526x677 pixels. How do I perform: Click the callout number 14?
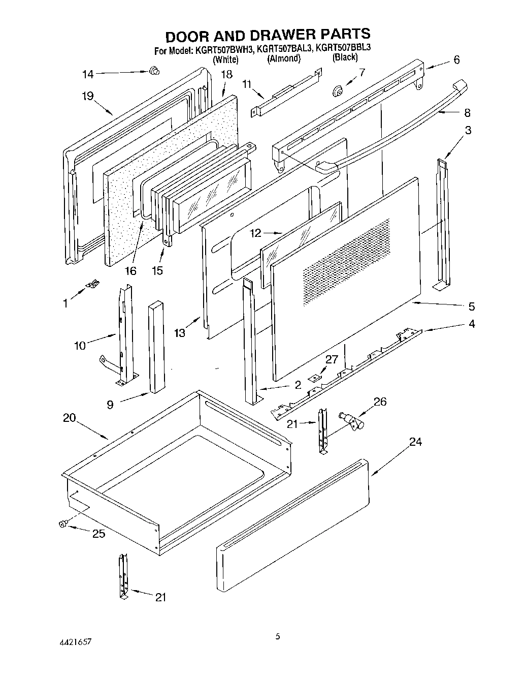(x=88, y=74)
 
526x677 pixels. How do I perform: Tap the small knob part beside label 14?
(x=152, y=71)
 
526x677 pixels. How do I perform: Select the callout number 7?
(x=361, y=72)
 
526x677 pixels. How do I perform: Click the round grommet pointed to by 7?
(x=337, y=91)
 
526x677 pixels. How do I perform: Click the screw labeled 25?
(x=63, y=524)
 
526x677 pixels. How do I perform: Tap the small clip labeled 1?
(x=93, y=285)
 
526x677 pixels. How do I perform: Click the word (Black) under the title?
(x=345, y=57)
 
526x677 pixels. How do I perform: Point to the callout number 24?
(x=415, y=442)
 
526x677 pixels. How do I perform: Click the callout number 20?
(x=69, y=418)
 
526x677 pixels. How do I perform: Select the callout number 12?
(x=256, y=233)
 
